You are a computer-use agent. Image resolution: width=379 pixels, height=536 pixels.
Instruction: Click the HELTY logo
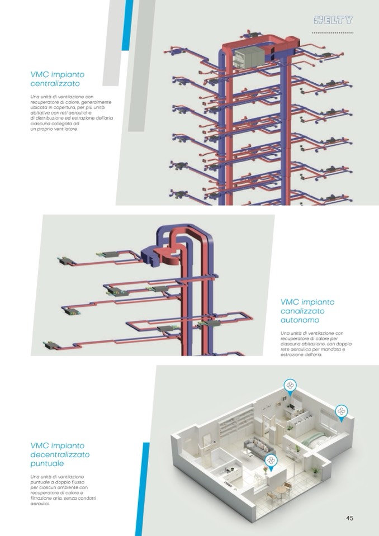(x=334, y=21)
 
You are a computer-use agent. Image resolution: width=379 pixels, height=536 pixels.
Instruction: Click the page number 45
(x=349, y=518)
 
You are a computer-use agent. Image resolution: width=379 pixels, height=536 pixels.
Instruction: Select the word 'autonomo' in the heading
(x=300, y=321)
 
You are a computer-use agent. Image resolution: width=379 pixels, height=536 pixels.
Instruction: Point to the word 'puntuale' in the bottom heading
(x=48, y=463)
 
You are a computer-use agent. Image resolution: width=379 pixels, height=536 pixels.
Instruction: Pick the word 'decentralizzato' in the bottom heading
(x=60, y=454)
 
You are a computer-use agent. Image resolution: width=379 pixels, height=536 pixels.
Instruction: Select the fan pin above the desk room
(x=290, y=386)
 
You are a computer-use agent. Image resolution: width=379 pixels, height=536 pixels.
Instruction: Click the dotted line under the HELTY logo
(x=333, y=34)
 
